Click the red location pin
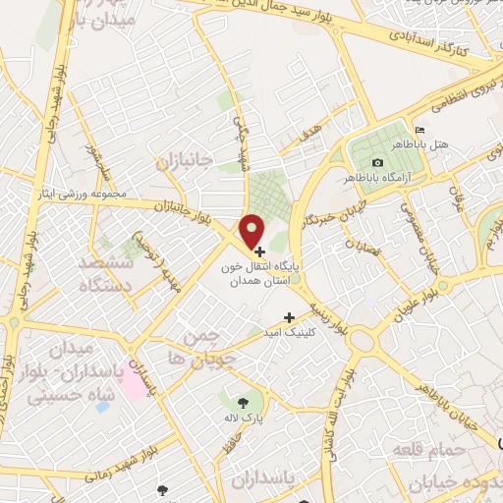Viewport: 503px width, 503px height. pos(252,230)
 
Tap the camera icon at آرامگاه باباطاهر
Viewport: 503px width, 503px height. pos(378,162)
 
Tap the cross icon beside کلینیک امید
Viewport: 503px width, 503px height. pos(289,316)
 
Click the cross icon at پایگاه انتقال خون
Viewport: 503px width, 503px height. pos(258,252)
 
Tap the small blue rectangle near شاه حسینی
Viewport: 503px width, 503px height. pos(102,407)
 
